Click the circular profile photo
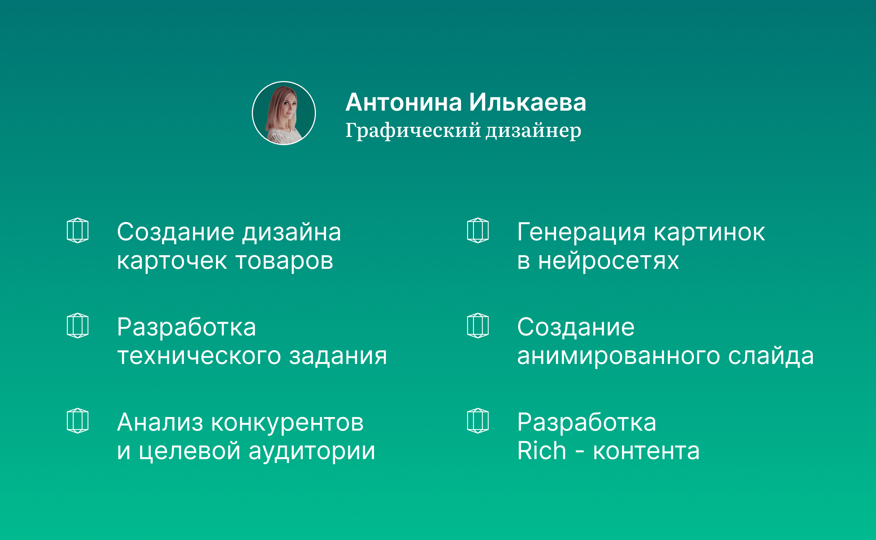[284, 113]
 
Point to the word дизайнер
[533, 131]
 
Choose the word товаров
[284, 261]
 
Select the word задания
[338, 357]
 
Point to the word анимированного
[619, 357]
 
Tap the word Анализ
[160, 423]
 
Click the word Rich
[541, 451]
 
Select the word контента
[646, 452]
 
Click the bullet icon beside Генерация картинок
[478, 230]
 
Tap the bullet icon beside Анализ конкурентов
[77, 420]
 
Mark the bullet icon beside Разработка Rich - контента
[478, 420]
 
